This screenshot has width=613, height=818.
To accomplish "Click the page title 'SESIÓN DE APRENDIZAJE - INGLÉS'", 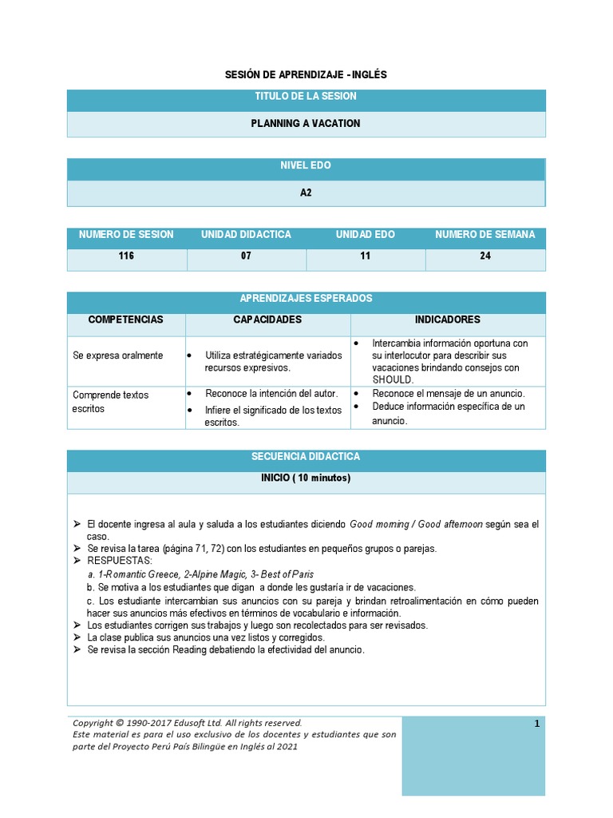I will [306, 74].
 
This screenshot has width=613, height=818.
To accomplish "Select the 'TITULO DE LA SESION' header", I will [306, 97].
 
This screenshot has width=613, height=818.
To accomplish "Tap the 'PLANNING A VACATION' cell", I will [306, 124].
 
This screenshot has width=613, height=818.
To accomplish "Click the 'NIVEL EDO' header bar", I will [306, 166].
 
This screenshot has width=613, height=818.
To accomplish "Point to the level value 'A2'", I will [306, 193].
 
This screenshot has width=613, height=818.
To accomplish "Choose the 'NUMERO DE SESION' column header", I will [126, 235].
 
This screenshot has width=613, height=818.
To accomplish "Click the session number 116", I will [126, 256].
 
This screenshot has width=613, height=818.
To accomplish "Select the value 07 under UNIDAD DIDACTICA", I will [246, 256].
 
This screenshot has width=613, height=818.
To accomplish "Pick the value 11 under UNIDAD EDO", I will [365, 256].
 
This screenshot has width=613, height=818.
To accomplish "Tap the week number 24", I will [485, 256].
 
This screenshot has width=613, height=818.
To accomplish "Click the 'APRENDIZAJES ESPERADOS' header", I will [306, 299].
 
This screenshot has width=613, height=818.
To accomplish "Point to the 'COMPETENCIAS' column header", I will [125, 320].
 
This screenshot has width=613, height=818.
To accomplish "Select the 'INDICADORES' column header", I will [447, 320].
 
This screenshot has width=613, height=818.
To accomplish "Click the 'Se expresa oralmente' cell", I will [118, 355].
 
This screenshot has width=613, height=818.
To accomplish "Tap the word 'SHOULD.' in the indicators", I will [394, 379].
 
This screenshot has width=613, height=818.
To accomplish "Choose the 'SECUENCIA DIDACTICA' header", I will [306, 457].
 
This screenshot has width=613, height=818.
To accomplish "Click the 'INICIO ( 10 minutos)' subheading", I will [306, 478].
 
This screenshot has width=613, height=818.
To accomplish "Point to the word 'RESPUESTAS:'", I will [120, 562].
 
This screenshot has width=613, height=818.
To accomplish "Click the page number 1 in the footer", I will [537, 724].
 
